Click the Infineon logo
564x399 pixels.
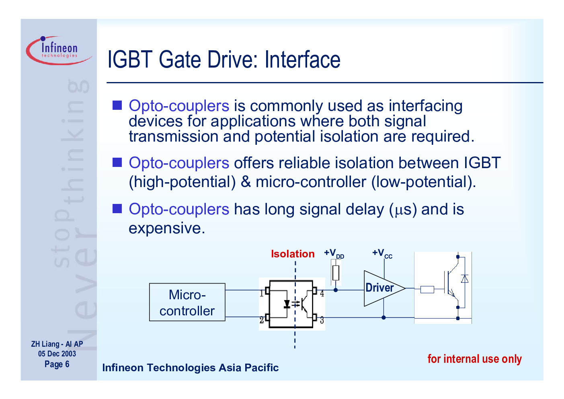tap(59, 50)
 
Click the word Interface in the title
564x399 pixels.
tap(302, 60)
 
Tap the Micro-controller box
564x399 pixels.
tap(187, 302)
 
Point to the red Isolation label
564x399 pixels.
tap(293, 254)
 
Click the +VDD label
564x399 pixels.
tap(334, 253)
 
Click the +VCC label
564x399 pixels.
tap(382, 253)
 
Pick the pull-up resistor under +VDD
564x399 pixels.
tap(336, 273)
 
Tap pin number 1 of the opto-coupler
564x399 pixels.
tap(262, 293)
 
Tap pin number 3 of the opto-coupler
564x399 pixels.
tap(322, 320)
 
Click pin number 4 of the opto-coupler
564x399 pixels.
tap(322, 293)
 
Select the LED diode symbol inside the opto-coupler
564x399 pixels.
tap(287, 304)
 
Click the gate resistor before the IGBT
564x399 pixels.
tap(427, 290)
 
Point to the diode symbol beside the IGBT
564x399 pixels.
tap(465, 279)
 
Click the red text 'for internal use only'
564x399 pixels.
tap(475, 359)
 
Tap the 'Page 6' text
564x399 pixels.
tap(57, 364)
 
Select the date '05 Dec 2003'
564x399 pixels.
tap(57, 354)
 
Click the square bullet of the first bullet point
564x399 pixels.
tap(117, 105)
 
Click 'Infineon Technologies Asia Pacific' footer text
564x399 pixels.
tap(191, 368)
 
